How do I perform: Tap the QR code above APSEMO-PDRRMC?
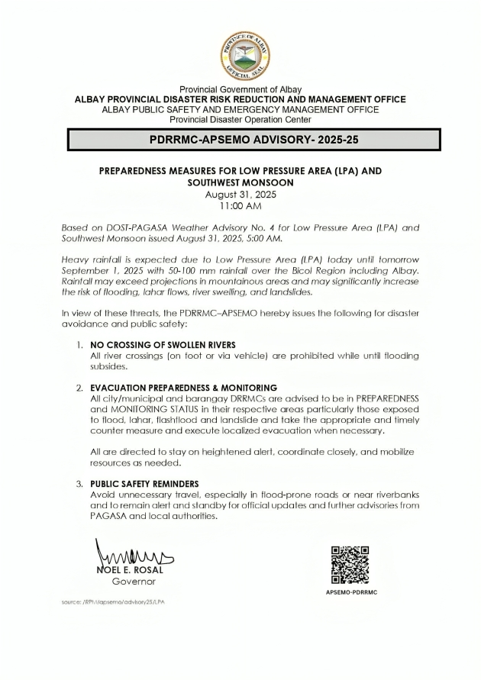350,565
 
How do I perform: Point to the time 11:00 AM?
240,206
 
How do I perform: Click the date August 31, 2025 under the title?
240,195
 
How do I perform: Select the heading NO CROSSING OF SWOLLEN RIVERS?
163,345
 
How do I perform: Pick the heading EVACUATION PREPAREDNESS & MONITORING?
183,388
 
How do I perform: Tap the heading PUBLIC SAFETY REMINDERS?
144,484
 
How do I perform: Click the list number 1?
79,345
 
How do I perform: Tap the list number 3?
79,484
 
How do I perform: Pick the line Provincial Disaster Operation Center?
240,120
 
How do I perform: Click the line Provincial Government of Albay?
240,90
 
